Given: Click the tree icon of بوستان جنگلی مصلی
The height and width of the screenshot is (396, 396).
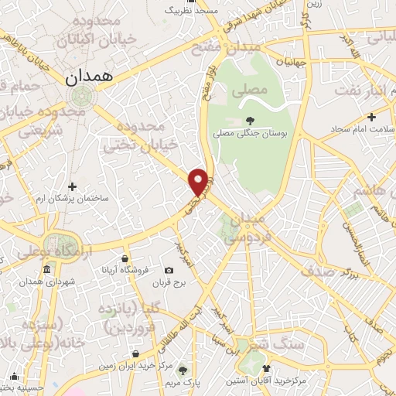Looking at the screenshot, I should [249, 120].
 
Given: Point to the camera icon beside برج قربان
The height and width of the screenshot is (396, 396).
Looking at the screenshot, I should [169, 270].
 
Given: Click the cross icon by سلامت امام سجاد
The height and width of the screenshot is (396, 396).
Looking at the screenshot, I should [372, 118].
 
